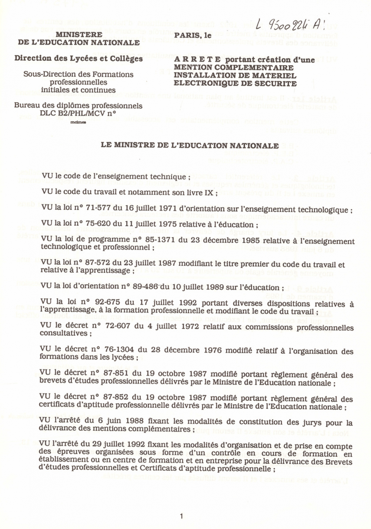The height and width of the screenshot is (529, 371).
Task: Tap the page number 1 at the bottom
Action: click(181, 516)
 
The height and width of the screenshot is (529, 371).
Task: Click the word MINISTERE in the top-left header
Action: click(79, 34)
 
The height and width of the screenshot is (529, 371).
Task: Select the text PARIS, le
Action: click(193, 36)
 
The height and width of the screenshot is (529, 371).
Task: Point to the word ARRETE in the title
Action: click(197, 60)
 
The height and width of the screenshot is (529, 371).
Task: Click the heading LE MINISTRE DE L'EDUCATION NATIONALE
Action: click(190, 145)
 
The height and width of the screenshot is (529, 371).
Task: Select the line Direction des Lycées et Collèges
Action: click(79, 58)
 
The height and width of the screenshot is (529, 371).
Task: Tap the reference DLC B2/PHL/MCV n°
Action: click(78, 114)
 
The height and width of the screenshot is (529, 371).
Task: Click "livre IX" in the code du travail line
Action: click(200, 193)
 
